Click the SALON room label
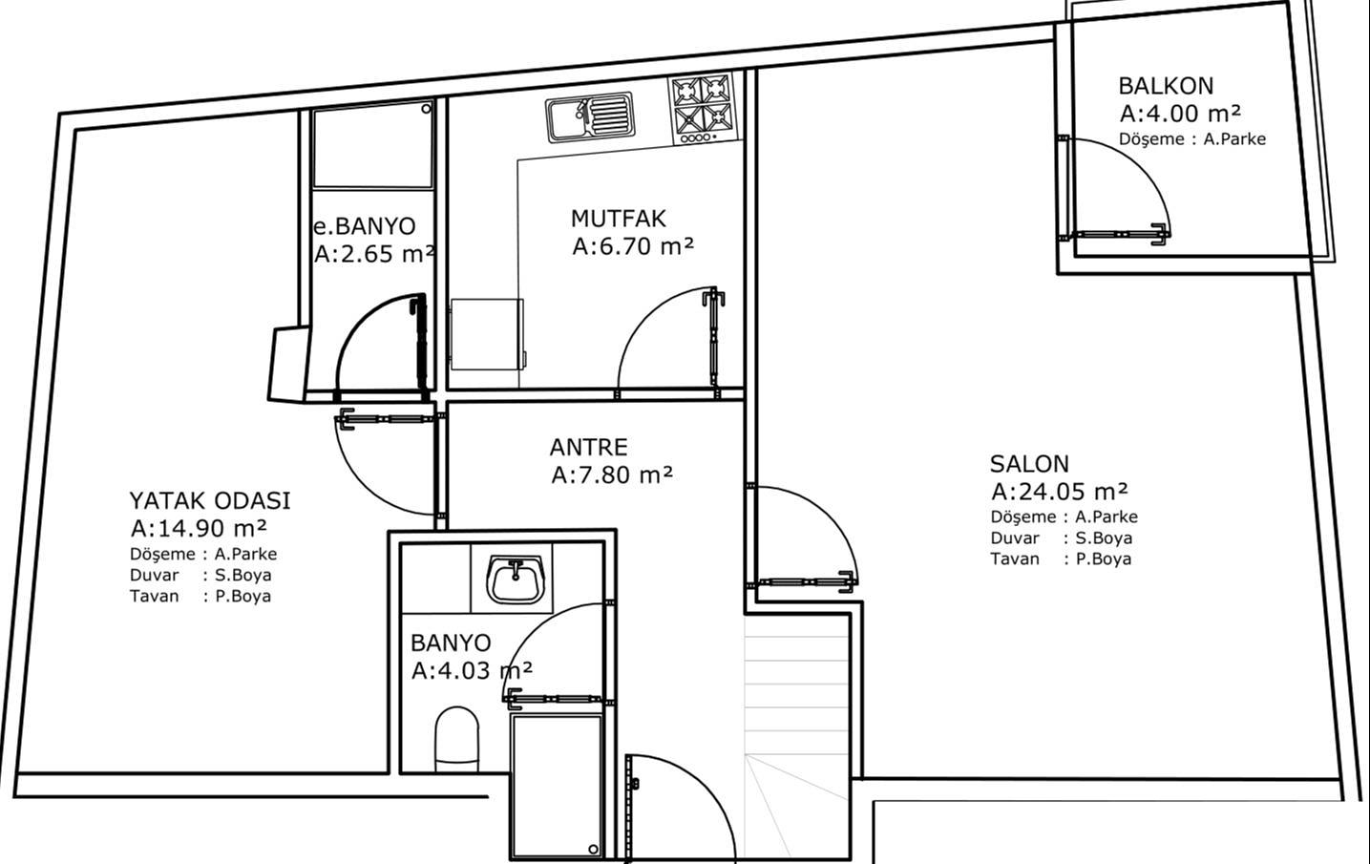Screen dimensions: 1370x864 pyautogui.click(x=1029, y=464)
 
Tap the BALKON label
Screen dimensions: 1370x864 pyautogui.click(x=1166, y=86)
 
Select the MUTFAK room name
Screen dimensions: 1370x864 pyautogui.click(x=619, y=219)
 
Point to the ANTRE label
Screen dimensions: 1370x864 pyautogui.click(x=588, y=448)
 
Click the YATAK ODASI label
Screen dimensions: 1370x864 pyautogui.click(x=210, y=501)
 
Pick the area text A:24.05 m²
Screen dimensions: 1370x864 pyautogui.click(x=1060, y=491)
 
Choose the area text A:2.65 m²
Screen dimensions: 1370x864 pyautogui.click(x=374, y=253)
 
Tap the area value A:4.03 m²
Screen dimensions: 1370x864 pyautogui.click(x=472, y=671)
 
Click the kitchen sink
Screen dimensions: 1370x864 pyautogui.click(x=590, y=117)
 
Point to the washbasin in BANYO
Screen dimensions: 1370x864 pyautogui.click(x=516, y=578)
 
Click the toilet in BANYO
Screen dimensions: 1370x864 pyautogui.click(x=457, y=739)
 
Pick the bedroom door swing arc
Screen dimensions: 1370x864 pyautogui.click(x=367, y=483)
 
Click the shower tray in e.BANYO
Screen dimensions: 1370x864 pyautogui.click(x=372, y=145)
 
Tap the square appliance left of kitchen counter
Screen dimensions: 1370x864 pyautogui.click(x=488, y=334)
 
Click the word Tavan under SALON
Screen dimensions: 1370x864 pyautogui.click(x=1015, y=558)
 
